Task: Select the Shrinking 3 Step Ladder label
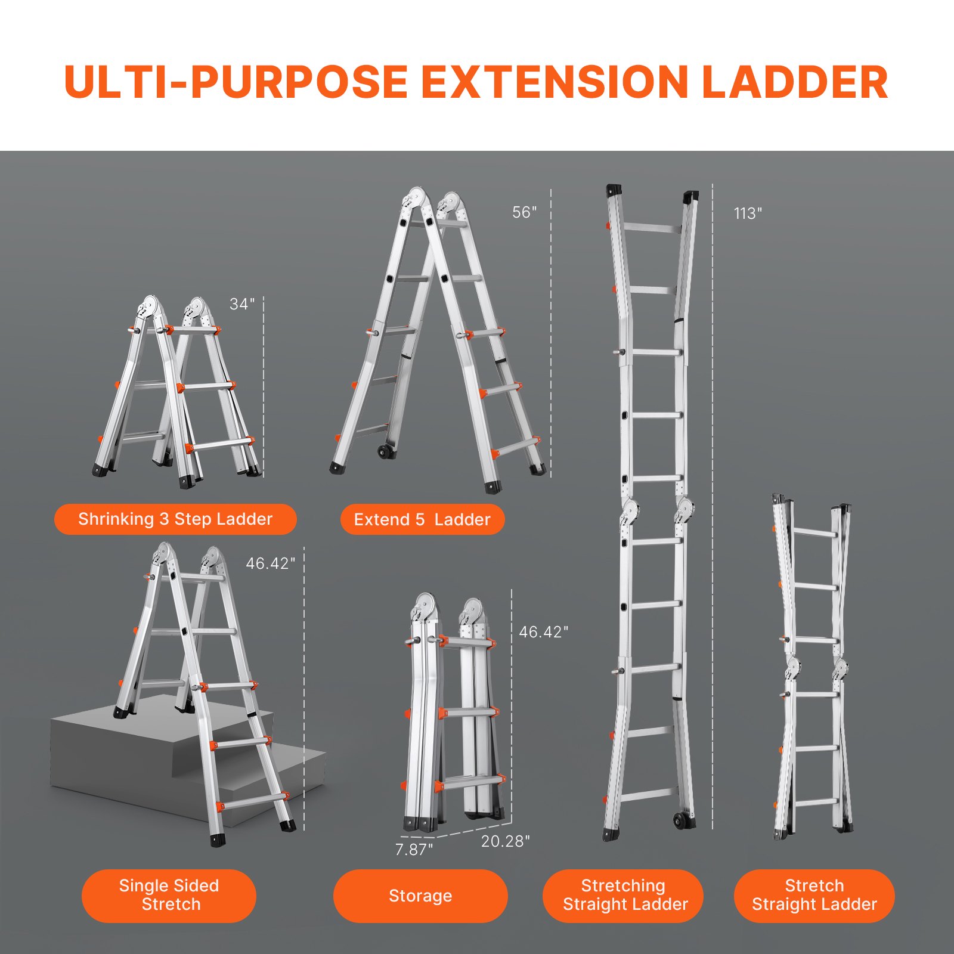[175, 519]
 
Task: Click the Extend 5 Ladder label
[422, 520]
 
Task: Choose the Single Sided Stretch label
[169, 895]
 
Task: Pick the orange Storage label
[420, 896]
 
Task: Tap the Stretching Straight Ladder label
[624, 895]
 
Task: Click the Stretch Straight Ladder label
[814, 895]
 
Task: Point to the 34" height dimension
[242, 304]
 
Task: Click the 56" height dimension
[524, 212]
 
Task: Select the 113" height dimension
[748, 213]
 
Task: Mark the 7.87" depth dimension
[414, 849]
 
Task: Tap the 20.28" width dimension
[505, 841]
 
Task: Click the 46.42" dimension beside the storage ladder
[543, 632]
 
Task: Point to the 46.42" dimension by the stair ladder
[270, 563]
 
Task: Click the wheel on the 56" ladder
[386, 451]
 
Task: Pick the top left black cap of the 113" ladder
[614, 191]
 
